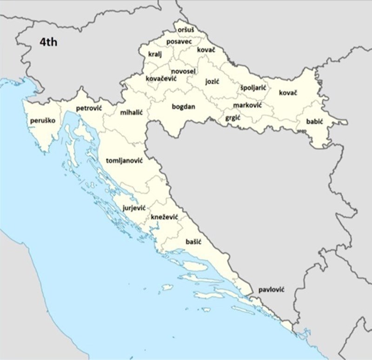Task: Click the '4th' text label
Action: point(48,42)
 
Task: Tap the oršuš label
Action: point(186,30)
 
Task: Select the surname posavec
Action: point(179,42)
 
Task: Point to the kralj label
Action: point(154,54)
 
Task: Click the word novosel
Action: point(183,71)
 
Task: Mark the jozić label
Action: point(212,81)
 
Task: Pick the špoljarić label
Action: point(253,87)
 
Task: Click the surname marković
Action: point(247,105)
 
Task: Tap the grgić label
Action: point(232,118)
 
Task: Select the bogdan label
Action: point(184,107)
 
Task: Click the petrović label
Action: point(89,108)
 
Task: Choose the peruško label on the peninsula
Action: point(42,121)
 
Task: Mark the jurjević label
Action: point(134,208)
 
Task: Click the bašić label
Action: point(193,242)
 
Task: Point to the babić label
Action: point(314,122)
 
